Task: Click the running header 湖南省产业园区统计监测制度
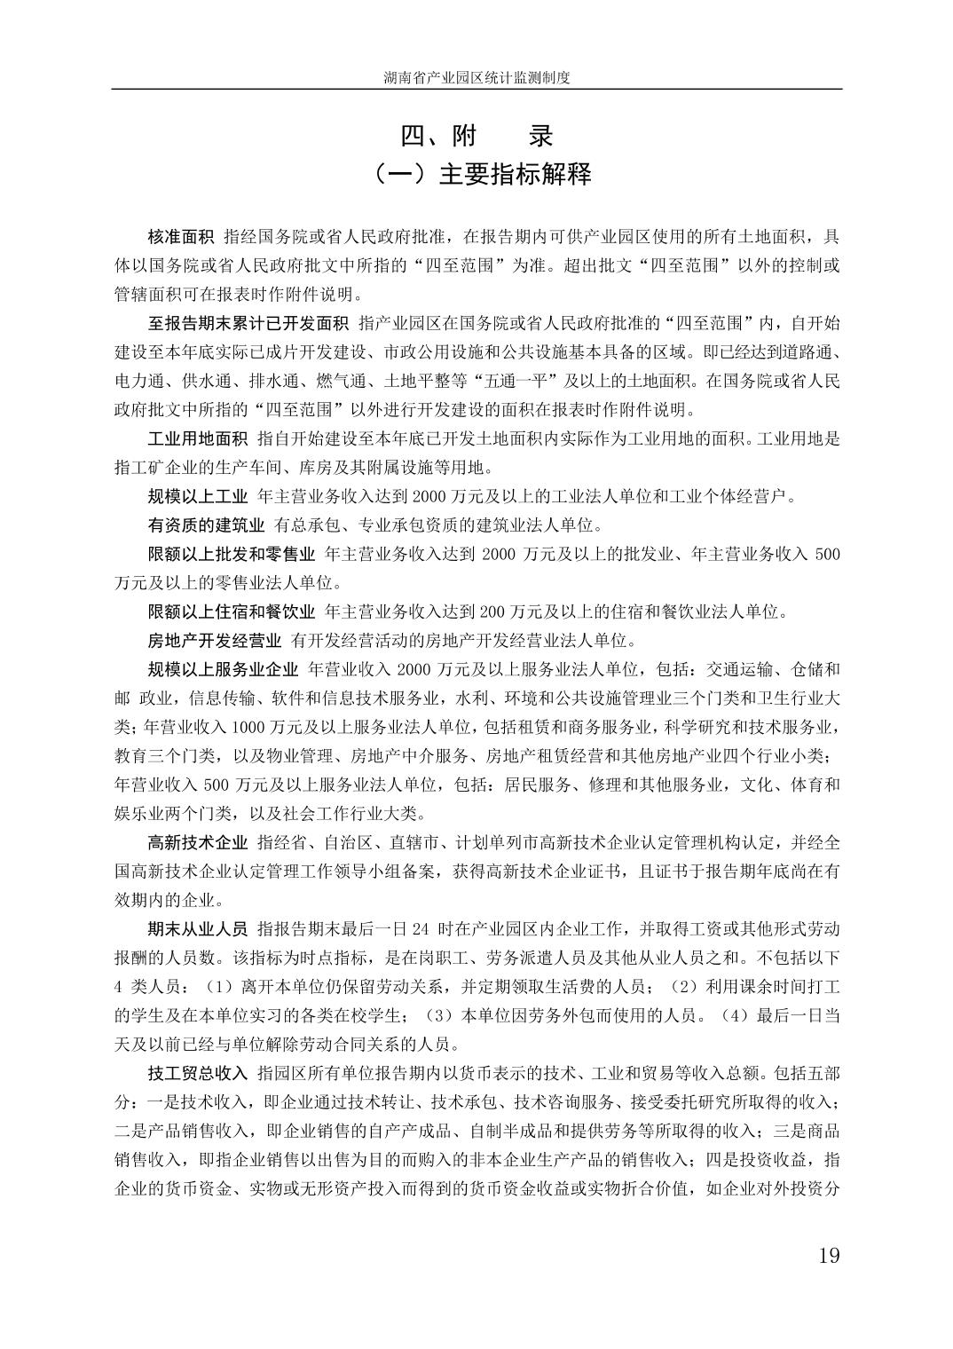pos(476,78)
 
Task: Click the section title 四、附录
pos(476,136)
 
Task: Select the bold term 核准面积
pos(181,237)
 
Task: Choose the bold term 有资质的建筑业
pos(206,525)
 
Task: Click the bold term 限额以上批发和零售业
pos(231,555)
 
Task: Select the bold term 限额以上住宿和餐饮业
pos(231,611)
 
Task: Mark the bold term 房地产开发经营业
pos(214,641)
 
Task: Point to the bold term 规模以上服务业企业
pos(223,669)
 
